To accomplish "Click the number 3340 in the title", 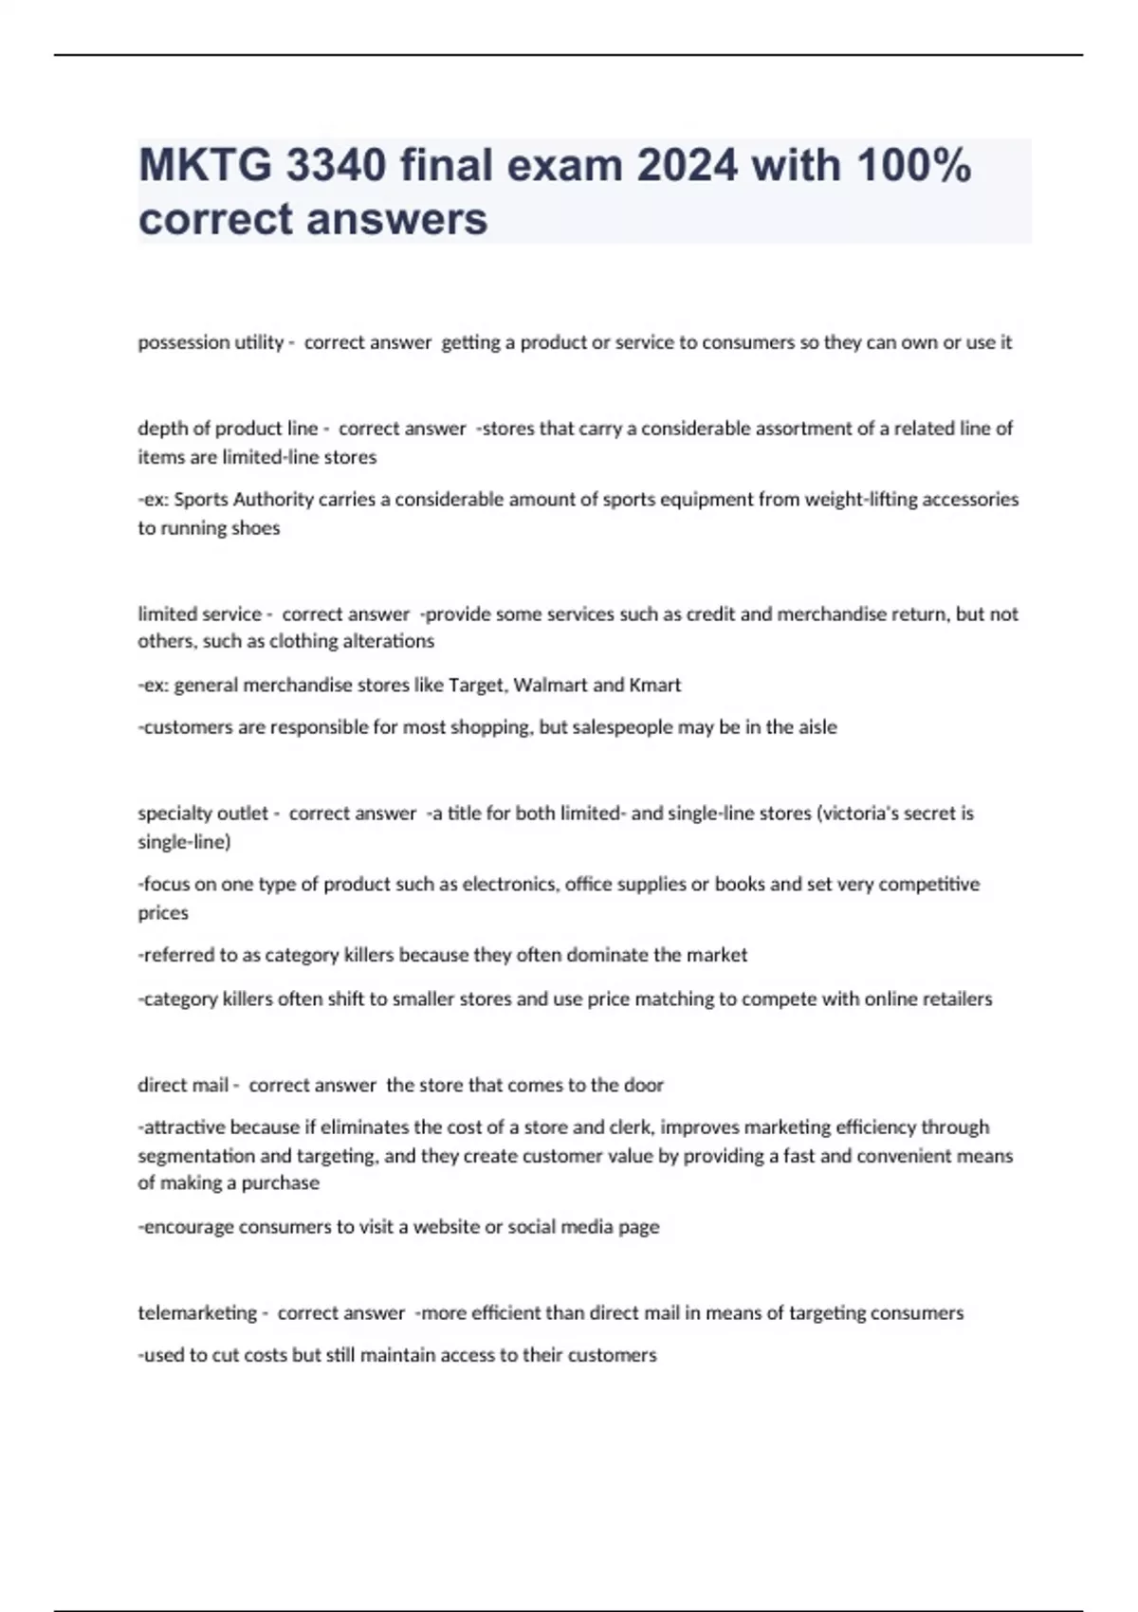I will [x=336, y=166].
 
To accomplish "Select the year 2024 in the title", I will [x=687, y=166].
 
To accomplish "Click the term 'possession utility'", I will [x=211, y=342].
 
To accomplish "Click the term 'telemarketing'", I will [x=197, y=1312].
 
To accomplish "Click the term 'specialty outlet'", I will [x=203, y=813].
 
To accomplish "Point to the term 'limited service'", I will [x=199, y=614].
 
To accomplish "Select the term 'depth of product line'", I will [x=228, y=429].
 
